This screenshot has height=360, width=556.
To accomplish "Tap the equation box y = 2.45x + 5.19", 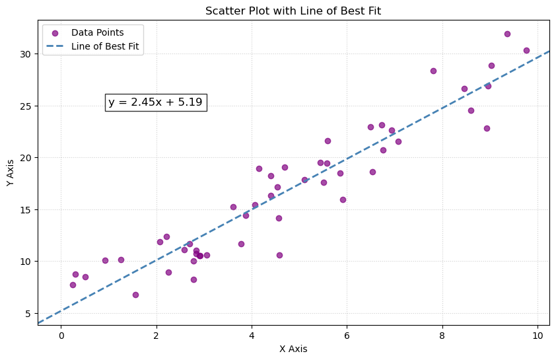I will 155,102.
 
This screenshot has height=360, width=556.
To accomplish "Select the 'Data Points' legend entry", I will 97,32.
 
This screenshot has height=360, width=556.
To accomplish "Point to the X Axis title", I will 294,349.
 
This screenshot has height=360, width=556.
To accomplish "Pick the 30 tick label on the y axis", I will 24,54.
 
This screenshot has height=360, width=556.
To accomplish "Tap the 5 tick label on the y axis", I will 27,313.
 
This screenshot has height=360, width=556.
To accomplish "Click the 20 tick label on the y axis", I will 24,157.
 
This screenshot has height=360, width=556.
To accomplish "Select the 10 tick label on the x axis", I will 537,336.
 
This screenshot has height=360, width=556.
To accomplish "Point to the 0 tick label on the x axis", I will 61,336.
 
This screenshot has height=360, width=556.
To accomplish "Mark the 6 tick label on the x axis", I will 347,336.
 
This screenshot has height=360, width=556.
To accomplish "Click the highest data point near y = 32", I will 507,34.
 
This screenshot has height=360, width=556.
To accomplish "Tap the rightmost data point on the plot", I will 526,50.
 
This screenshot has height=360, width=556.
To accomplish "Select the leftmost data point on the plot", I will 73,285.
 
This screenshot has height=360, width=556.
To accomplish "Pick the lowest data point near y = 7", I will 135,295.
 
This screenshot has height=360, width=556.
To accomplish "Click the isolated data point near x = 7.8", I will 433,71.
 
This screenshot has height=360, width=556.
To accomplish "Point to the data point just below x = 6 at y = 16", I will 343,199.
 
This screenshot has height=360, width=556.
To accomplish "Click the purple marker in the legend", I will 55,32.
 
